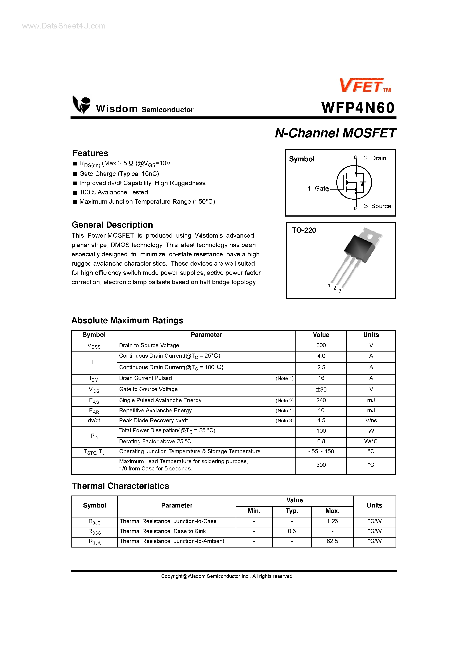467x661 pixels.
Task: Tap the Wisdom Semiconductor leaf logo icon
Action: click(x=81, y=104)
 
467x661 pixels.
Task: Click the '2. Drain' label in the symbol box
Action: click(x=375, y=158)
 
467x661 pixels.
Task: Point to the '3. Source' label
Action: click(x=377, y=206)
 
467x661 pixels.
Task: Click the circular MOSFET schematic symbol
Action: click(x=354, y=182)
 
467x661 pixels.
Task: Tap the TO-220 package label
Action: click(x=304, y=230)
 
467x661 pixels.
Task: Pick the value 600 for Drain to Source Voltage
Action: click(x=321, y=345)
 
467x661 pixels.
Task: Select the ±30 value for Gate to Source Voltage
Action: click(x=321, y=390)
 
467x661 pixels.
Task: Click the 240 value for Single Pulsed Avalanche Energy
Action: click(x=321, y=400)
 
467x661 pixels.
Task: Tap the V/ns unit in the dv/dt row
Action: click(x=371, y=420)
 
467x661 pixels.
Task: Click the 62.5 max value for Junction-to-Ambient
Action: click(x=332, y=541)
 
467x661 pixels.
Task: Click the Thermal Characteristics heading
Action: click(x=120, y=486)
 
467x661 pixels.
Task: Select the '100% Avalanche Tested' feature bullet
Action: click(x=113, y=192)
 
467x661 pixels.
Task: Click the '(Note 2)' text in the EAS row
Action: click(x=284, y=400)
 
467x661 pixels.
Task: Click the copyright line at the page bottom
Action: click(x=227, y=576)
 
